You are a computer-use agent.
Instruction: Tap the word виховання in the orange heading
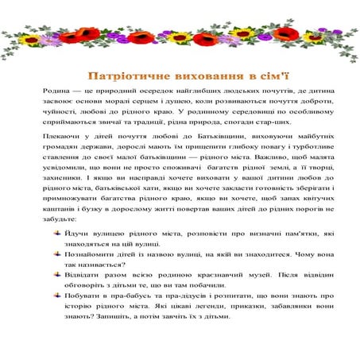point(195,77)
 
